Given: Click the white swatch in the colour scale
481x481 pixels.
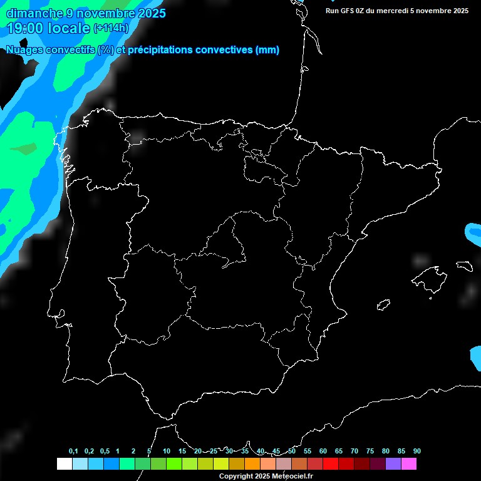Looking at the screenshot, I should [x=65, y=464].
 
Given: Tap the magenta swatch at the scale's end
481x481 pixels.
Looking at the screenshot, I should [x=409, y=464].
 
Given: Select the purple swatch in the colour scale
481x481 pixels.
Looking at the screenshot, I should [x=393, y=464].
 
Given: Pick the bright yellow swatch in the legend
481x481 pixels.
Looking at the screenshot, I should [x=221, y=464].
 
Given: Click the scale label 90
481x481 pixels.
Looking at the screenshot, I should [x=417, y=451].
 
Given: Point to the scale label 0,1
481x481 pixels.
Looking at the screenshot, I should [x=73, y=451].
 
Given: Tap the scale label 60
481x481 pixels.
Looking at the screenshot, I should [x=323, y=451].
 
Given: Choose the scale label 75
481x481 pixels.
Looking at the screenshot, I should [x=370, y=451].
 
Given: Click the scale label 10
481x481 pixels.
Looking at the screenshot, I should [x=167, y=451].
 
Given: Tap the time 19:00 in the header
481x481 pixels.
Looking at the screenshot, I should [x=25, y=28].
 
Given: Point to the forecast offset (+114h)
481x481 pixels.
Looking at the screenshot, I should [x=111, y=28].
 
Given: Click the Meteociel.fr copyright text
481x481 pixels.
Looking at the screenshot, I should [x=266, y=477].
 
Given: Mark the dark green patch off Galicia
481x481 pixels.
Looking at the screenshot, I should [x=25, y=149].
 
